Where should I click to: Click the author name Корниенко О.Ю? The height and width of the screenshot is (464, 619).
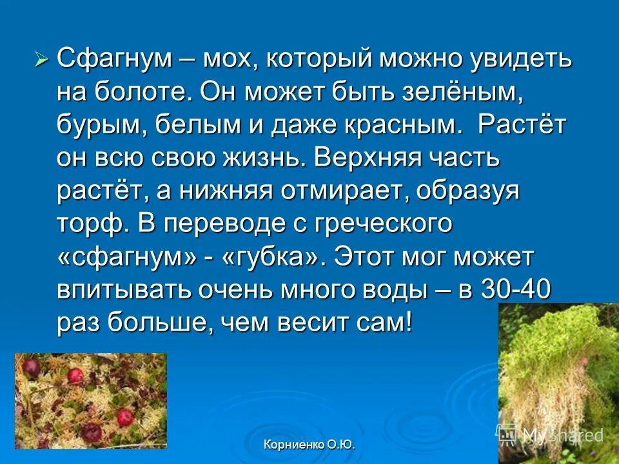point(309,445)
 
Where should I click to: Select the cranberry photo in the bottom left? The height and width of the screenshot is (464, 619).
point(90,400)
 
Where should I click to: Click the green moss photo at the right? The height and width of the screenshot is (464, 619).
point(558,374)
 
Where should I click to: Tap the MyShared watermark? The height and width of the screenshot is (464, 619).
point(555,436)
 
